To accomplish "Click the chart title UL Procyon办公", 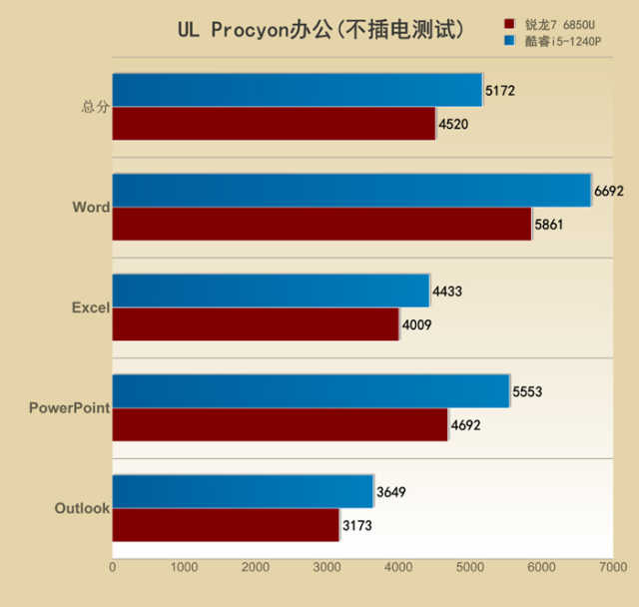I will (320, 30).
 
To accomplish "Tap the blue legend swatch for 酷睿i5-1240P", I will (510, 41).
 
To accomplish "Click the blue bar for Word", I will (351, 190).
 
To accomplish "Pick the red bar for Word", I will (321, 224).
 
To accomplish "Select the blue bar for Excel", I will (271, 291).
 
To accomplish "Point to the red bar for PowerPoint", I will (280, 424).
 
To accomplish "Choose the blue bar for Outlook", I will (243, 491).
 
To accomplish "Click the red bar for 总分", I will (274, 124).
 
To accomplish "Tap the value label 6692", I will (608, 191).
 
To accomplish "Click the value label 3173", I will (356, 525).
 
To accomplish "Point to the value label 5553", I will (527, 391).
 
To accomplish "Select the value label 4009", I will (417, 324).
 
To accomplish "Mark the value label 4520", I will (453, 125).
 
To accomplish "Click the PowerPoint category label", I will (69, 407).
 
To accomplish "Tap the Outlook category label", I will (81, 508).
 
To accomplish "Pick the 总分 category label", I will (95, 107).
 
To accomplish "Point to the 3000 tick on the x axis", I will (326, 567).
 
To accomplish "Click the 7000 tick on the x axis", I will (612, 567).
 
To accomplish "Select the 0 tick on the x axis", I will (112, 567).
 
